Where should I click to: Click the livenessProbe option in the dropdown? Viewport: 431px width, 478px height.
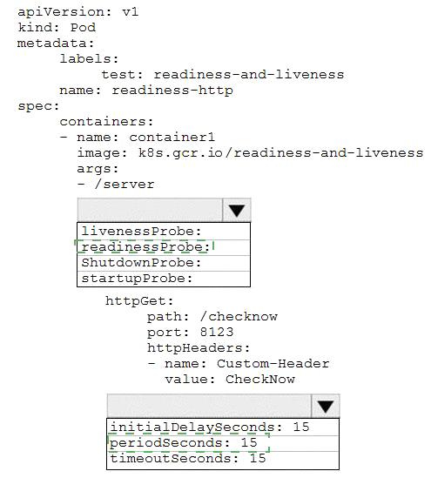(x=141, y=232)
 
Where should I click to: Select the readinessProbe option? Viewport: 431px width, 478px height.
(x=145, y=247)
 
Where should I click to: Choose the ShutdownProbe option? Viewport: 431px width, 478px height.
(x=141, y=263)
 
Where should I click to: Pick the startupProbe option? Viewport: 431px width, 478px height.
(x=138, y=279)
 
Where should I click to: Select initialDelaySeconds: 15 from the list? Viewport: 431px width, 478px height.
(x=210, y=428)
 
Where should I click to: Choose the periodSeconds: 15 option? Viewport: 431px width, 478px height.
(x=184, y=442)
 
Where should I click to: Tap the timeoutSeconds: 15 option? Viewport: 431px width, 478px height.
(x=188, y=459)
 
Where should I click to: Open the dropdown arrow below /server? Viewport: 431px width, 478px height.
(x=237, y=210)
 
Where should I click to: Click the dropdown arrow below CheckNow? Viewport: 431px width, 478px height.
(x=326, y=406)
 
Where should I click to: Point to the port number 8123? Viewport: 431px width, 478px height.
(x=217, y=332)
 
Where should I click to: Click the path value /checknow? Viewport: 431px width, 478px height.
(x=239, y=317)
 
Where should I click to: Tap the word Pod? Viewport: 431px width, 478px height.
(x=83, y=28)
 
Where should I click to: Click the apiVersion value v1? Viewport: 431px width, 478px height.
(x=131, y=12)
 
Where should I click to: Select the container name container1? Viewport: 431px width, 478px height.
(x=172, y=138)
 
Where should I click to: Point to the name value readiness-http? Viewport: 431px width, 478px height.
(x=172, y=91)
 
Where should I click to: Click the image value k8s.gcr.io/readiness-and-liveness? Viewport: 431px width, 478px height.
(x=280, y=152)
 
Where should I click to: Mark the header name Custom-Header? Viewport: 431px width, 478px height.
(x=273, y=363)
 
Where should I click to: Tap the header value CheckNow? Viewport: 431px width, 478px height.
(x=260, y=380)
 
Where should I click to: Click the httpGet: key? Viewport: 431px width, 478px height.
(x=139, y=301)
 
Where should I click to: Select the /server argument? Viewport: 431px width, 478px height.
(x=125, y=184)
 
